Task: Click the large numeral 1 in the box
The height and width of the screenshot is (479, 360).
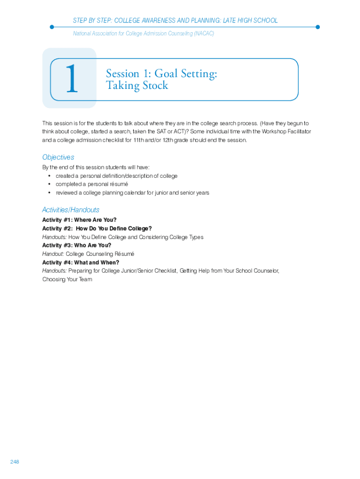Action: tap(71, 80)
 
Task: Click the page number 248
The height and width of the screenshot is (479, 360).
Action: tap(14, 462)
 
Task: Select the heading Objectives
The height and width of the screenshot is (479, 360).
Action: tap(58, 157)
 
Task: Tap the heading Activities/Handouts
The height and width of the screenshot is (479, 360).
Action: tap(71, 210)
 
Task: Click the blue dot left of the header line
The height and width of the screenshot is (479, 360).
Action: tap(52, 27)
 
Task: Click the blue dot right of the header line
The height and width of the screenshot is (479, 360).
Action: tap(317, 27)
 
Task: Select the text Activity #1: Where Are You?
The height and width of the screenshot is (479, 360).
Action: tap(79, 220)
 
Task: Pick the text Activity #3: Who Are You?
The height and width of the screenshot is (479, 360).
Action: tap(77, 245)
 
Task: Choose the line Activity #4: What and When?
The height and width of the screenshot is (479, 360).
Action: tap(80, 262)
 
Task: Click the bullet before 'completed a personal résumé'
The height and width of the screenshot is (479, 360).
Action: tap(50, 184)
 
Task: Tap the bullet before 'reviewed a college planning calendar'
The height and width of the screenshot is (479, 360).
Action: tap(50, 193)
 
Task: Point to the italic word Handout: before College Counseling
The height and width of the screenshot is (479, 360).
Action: tap(53, 254)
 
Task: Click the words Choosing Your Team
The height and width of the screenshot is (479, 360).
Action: tap(67, 279)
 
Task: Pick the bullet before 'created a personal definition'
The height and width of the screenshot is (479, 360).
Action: tap(50, 176)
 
